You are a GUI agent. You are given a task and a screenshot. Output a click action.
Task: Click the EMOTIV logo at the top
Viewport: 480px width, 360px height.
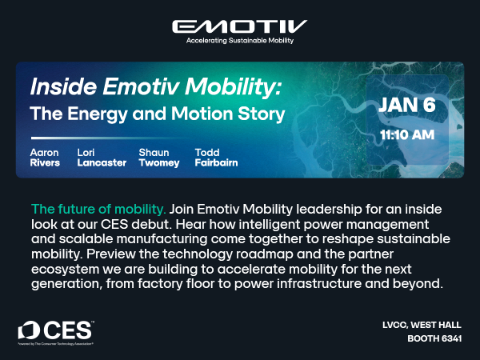(239, 26)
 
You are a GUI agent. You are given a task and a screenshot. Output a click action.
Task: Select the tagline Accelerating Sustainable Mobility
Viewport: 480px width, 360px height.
(239, 39)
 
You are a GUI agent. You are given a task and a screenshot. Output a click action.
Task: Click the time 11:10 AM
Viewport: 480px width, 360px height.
(407, 134)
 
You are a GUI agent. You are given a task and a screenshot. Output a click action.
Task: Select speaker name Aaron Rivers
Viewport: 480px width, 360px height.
(45, 157)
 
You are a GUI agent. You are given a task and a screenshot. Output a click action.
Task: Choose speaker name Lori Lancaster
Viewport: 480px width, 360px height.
(102, 157)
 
